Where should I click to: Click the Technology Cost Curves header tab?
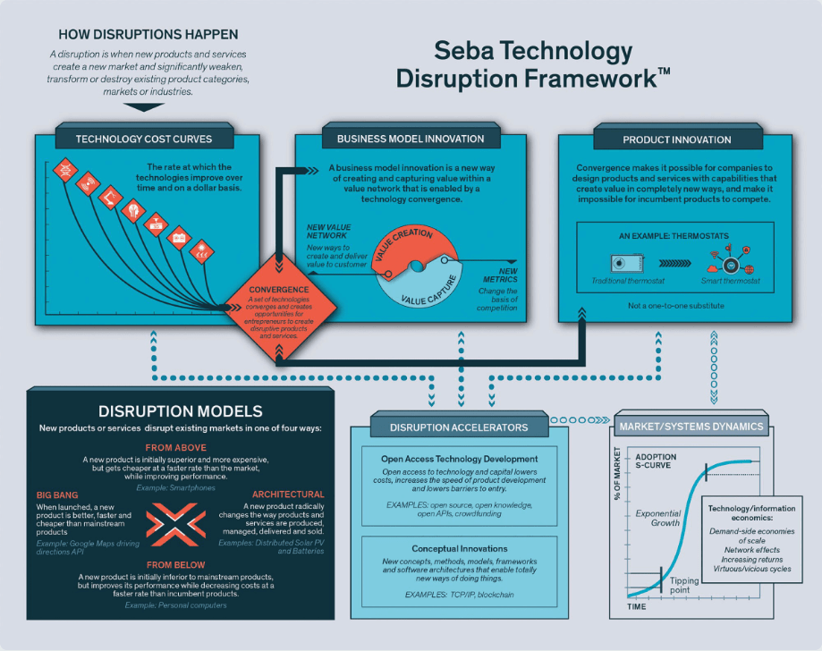click(x=144, y=139)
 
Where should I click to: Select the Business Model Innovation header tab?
click(x=411, y=139)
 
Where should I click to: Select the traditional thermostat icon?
click(x=623, y=265)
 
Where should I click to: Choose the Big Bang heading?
click(x=57, y=494)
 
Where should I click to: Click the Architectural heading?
click(x=288, y=494)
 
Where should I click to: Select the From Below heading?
click(x=175, y=564)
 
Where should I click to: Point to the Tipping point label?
click(x=684, y=586)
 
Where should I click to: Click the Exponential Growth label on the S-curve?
click(x=658, y=520)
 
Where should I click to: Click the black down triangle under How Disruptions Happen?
click(x=144, y=106)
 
